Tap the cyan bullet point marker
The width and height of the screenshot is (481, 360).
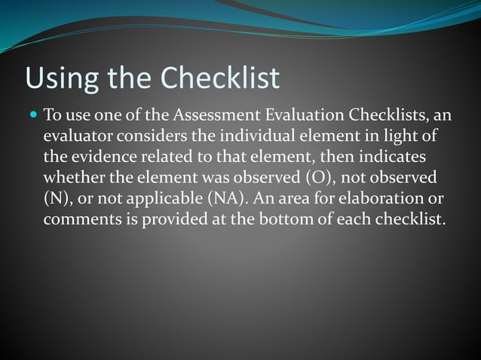click(32, 116)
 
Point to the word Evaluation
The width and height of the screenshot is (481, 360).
click(308, 117)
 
